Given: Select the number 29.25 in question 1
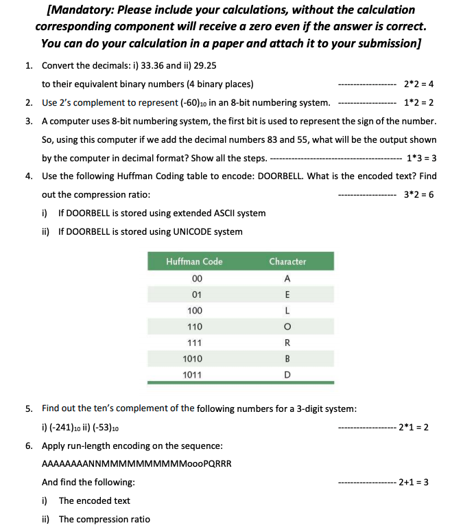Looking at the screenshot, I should pos(204,66).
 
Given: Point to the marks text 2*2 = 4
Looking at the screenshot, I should pos(419,84).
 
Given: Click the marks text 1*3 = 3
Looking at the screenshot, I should pos(422,158).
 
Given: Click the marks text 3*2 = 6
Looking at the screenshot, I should pos(419,194).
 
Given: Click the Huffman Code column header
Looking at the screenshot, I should pos(194,262).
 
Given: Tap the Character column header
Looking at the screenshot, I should pos(287,262).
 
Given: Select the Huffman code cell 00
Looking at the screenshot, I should pos(197,279).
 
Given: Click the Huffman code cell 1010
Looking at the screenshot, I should pos(192,358).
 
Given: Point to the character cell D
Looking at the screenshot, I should pos(287,375).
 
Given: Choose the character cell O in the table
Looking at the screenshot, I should pos(287,327).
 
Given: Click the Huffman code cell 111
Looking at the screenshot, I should pos(194,343).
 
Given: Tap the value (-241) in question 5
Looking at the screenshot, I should pos(62,427).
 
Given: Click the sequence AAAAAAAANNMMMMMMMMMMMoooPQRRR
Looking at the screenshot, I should pos(136,463).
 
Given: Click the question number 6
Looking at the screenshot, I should pos(29,446).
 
